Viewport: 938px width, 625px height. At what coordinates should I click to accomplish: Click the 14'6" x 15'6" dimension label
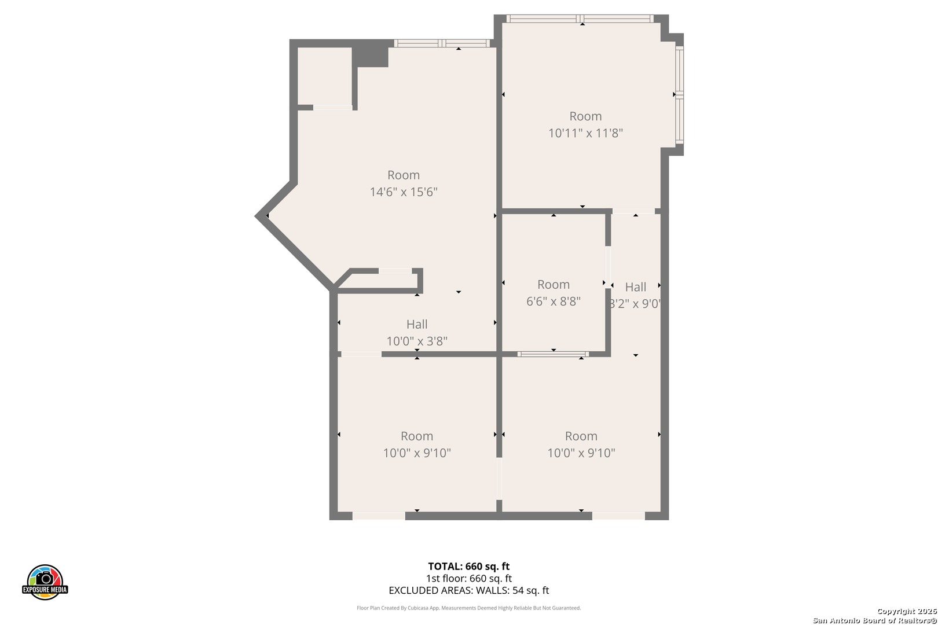404,192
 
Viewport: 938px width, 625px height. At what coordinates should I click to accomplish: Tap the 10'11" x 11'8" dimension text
585,133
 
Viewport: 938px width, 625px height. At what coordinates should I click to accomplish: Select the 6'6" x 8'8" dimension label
553,301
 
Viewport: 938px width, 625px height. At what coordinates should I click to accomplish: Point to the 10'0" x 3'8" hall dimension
417,341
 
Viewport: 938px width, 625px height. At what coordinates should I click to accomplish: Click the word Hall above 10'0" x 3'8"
417,324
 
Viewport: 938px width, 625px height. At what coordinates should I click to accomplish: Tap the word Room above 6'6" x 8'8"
553,284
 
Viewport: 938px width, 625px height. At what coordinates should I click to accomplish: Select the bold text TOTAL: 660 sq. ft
468,566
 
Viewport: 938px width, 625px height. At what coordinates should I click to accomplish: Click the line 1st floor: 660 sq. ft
468,578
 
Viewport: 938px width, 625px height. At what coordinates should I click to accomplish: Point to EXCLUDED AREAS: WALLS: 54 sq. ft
468,590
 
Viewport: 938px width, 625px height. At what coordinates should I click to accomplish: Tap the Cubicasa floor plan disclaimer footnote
468,608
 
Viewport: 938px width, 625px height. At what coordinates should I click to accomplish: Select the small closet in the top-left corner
324,76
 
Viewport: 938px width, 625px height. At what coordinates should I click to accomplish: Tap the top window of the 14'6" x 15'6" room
442,43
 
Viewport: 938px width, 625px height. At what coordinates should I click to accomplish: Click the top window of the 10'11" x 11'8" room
580,19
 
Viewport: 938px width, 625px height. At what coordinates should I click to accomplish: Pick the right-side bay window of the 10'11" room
680,94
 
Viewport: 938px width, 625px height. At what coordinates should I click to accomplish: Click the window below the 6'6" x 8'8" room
553,354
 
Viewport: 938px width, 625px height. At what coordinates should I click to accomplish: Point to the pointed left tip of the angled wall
259,216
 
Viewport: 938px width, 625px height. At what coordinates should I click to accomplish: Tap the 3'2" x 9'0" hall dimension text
635,303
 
